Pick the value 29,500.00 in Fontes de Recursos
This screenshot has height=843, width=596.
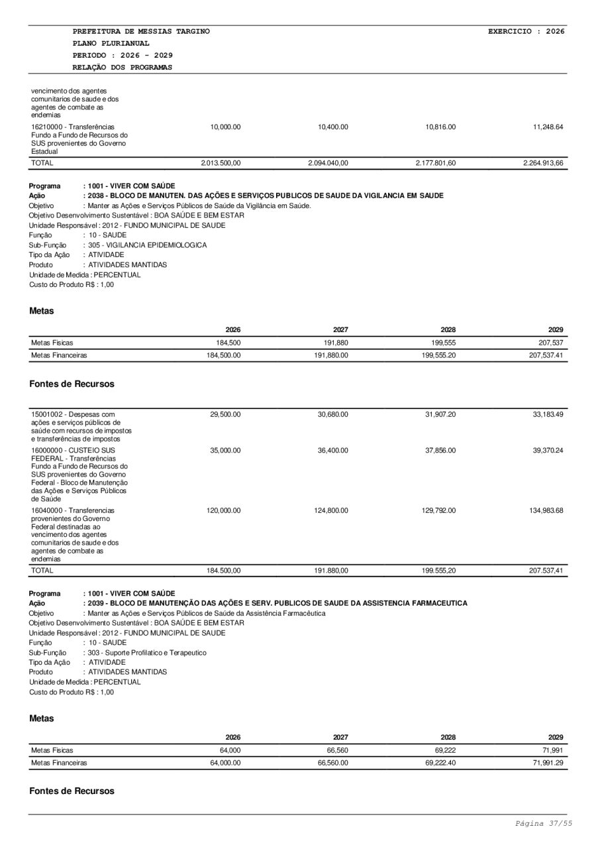(225, 414)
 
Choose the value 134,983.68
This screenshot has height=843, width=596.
(543, 511)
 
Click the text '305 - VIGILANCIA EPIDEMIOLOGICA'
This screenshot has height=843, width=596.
(147, 245)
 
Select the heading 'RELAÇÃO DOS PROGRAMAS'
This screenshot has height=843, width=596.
(123, 67)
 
